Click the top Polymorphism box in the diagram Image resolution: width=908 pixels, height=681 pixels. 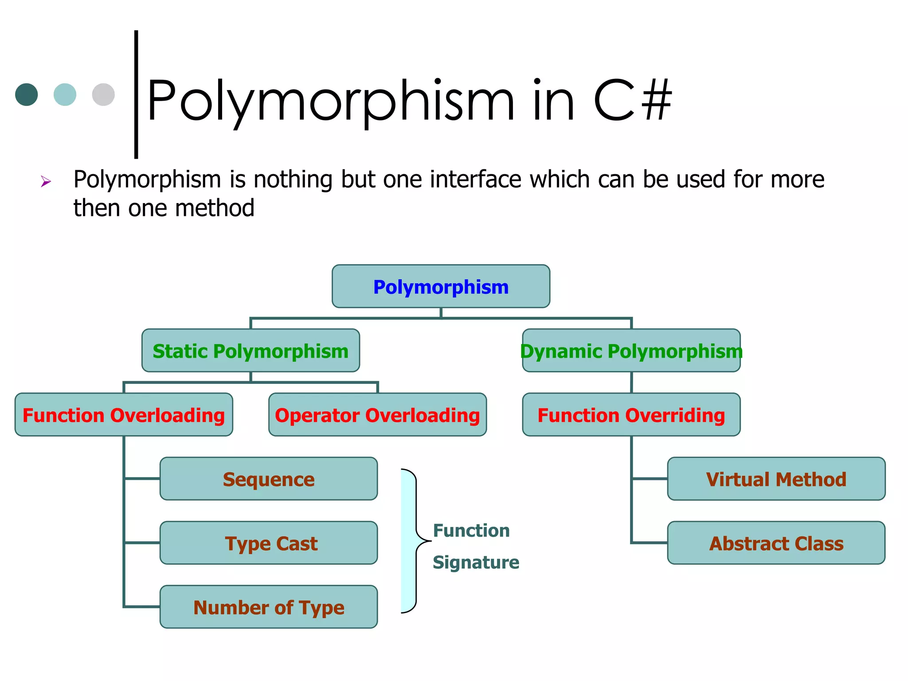441,286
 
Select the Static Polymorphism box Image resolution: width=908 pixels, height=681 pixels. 250,351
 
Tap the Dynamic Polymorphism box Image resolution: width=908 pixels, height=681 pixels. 631,351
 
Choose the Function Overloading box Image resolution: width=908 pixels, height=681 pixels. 124,415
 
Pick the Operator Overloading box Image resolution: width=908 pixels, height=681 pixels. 377,415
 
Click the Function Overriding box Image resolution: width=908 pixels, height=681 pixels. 631,415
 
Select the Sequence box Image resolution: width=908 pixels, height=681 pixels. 269,479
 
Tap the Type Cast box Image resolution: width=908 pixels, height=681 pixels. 269,543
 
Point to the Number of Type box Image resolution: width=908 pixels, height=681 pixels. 269,607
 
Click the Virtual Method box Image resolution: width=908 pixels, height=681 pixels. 776,479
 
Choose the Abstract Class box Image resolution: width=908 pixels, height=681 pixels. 776,543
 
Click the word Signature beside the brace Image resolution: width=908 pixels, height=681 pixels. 476,562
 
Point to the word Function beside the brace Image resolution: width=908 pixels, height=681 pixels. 471,530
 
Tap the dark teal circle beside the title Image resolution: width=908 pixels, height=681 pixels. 27,94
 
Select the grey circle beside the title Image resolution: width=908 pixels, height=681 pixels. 103,94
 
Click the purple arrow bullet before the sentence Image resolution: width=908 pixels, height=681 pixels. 46,181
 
